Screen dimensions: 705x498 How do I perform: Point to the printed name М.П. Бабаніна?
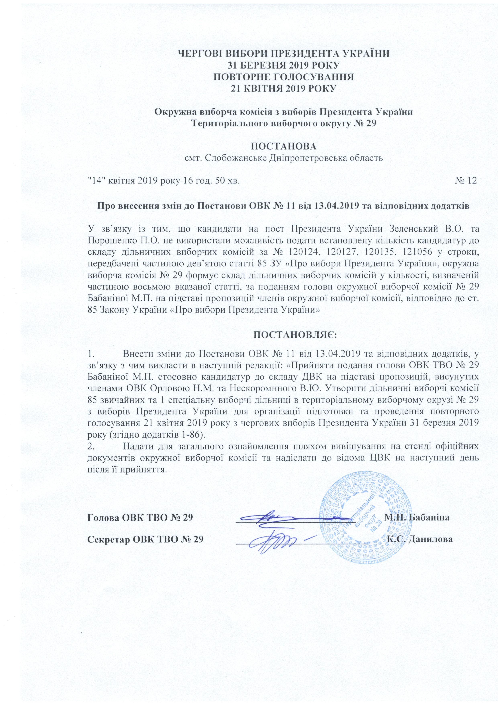click(x=417, y=517)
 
